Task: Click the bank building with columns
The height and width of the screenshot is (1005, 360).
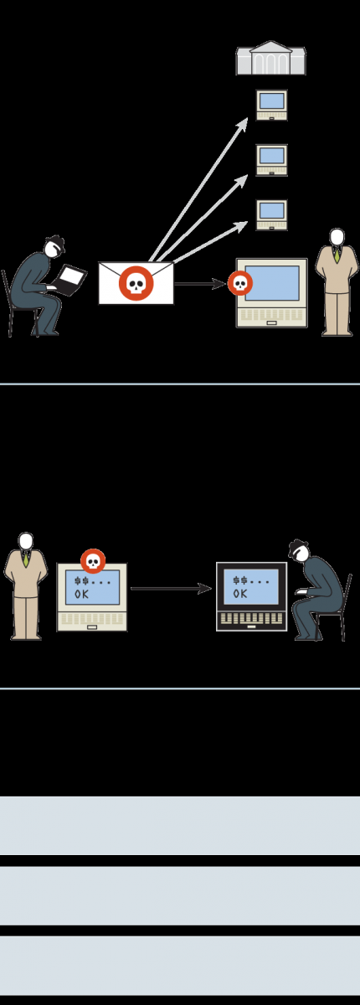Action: coord(271,59)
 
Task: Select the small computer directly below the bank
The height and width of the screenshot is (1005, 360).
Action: coord(272,106)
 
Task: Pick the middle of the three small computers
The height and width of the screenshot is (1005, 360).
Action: coord(272,160)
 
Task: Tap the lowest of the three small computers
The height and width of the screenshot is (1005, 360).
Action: coord(272,215)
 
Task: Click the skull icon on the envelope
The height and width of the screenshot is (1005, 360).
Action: coord(136,284)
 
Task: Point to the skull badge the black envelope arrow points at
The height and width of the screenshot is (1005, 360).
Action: coord(239,284)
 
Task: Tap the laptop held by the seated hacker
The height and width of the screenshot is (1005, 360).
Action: coord(69,281)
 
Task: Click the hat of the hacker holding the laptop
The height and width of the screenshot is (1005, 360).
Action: coord(54,242)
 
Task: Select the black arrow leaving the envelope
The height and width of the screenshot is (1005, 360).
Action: coord(200,284)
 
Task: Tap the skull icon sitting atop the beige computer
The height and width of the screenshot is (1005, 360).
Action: coord(93,561)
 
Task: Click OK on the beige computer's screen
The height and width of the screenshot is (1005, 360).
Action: coord(81,594)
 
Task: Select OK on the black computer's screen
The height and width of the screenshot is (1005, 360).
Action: coord(239,594)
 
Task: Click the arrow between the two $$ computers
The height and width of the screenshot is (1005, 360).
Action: coord(172,588)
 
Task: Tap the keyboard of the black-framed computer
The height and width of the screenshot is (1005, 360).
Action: coord(251,619)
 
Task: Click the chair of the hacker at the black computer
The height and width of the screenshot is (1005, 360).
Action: coord(337,608)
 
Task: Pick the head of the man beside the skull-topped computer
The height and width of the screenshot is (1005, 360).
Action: coord(26,541)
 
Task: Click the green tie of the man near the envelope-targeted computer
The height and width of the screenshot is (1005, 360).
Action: coord(337,255)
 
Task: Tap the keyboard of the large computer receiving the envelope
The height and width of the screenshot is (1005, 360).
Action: coord(272,316)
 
